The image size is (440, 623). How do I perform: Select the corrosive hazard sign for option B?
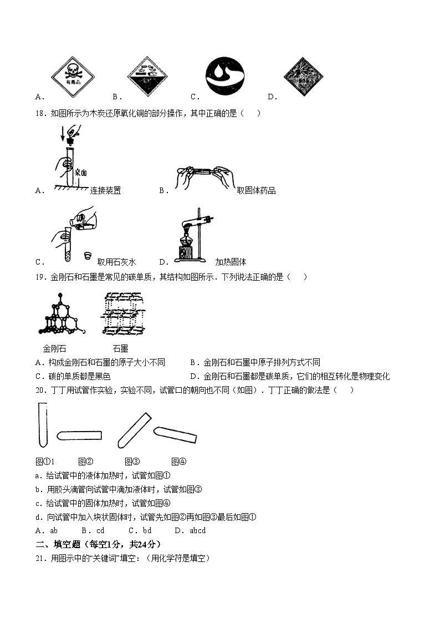(x=147, y=77)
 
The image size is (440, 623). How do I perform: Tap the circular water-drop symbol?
(x=224, y=77)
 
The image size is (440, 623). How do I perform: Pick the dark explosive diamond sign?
(x=303, y=77)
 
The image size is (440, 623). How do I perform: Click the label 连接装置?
(x=105, y=191)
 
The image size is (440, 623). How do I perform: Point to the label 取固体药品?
(x=256, y=191)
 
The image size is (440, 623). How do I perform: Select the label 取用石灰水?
(x=116, y=262)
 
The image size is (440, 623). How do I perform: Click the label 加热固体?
(x=231, y=262)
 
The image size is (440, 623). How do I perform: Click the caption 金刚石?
(x=54, y=349)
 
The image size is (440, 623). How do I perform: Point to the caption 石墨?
(x=120, y=349)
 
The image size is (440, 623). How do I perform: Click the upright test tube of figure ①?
(x=42, y=425)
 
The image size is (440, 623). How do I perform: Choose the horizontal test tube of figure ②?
(x=79, y=435)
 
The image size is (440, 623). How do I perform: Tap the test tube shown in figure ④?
(x=175, y=434)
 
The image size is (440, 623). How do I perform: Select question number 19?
(x=39, y=277)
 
